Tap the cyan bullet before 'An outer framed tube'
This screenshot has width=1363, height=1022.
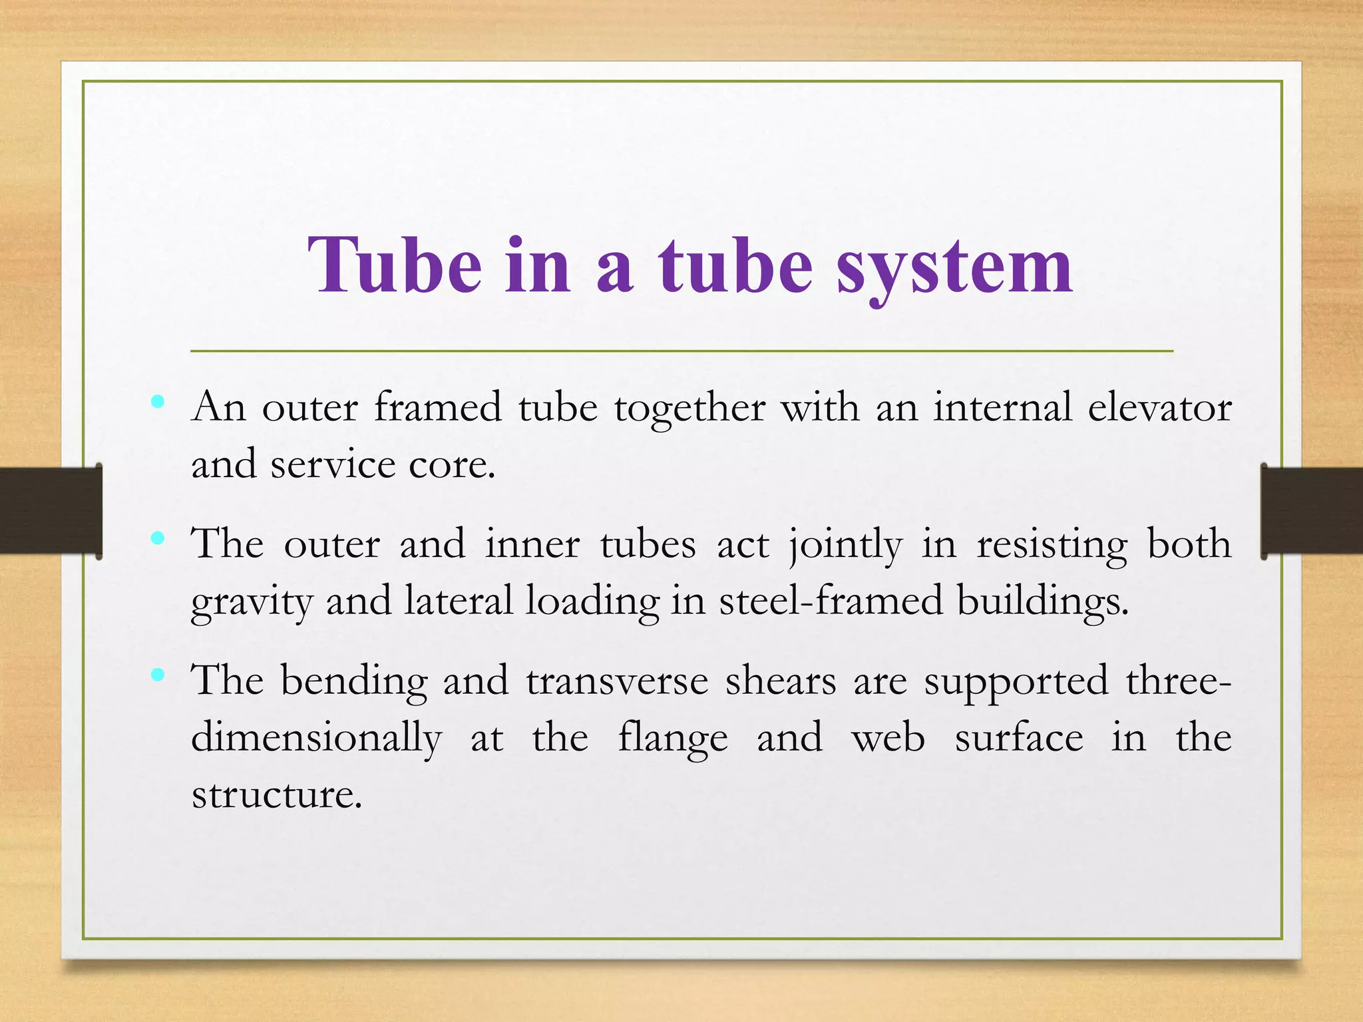coord(158,401)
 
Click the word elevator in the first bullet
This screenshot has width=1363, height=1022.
coord(1159,407)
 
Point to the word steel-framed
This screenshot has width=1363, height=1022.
coord(831,600)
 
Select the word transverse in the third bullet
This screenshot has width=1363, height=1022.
coord(617,681)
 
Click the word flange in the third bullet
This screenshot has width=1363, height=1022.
coord(673,739)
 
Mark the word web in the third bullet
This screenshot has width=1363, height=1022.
coord(888,739)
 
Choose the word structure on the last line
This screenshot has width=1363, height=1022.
coord(276,794)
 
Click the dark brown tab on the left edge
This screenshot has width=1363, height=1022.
coord(51,511)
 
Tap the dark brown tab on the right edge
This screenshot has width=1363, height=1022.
coord(1312,511)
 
